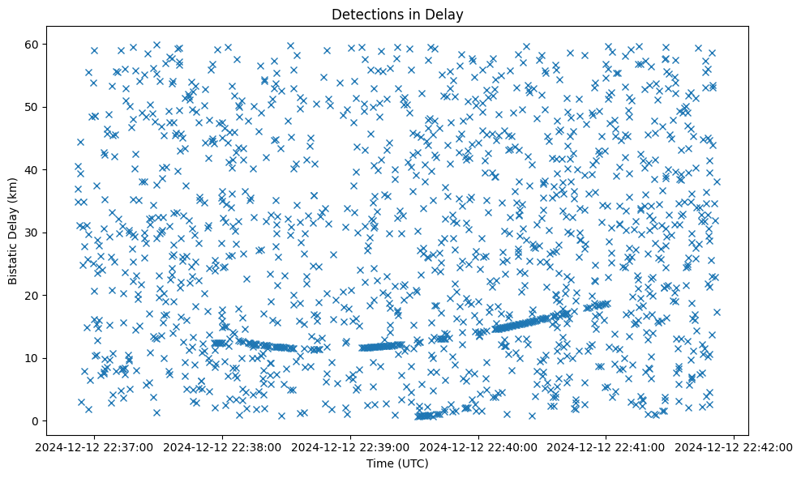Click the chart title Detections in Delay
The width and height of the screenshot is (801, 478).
click(x=397, y=14)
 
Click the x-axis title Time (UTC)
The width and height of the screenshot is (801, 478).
click(x=397, y=463)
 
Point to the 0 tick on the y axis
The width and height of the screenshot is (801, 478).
click(x=55, y=421)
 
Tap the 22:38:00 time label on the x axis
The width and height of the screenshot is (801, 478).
click(x=222, y=446)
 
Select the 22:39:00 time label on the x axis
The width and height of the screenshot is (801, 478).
click(x=350, y=446)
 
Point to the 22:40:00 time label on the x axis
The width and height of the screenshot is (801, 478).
click(x=478, y=446)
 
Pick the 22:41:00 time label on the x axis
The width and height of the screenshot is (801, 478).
click(x=606, y=446)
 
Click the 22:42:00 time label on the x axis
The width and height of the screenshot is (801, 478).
click(x=735, y=446)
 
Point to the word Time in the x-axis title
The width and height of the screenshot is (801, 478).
click(x=379, y=463)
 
